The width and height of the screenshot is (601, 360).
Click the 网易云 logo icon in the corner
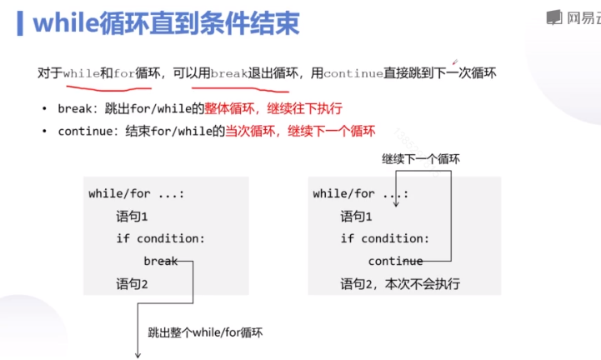(553, 17)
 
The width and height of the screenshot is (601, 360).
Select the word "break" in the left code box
(161, 261)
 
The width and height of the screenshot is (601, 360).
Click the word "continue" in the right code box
(395, 261)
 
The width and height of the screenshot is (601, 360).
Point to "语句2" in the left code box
(132, 284)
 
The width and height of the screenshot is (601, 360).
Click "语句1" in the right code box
(356, 216)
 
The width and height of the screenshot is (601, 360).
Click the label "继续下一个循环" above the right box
(422, 158)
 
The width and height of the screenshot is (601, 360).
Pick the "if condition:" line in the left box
(160, 238)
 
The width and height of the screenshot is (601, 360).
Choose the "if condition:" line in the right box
(384, 238)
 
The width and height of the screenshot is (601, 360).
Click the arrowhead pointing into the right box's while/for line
(396, 202)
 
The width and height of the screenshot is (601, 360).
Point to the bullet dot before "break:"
(44, 109)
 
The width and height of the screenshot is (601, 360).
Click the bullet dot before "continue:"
(44, 132)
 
